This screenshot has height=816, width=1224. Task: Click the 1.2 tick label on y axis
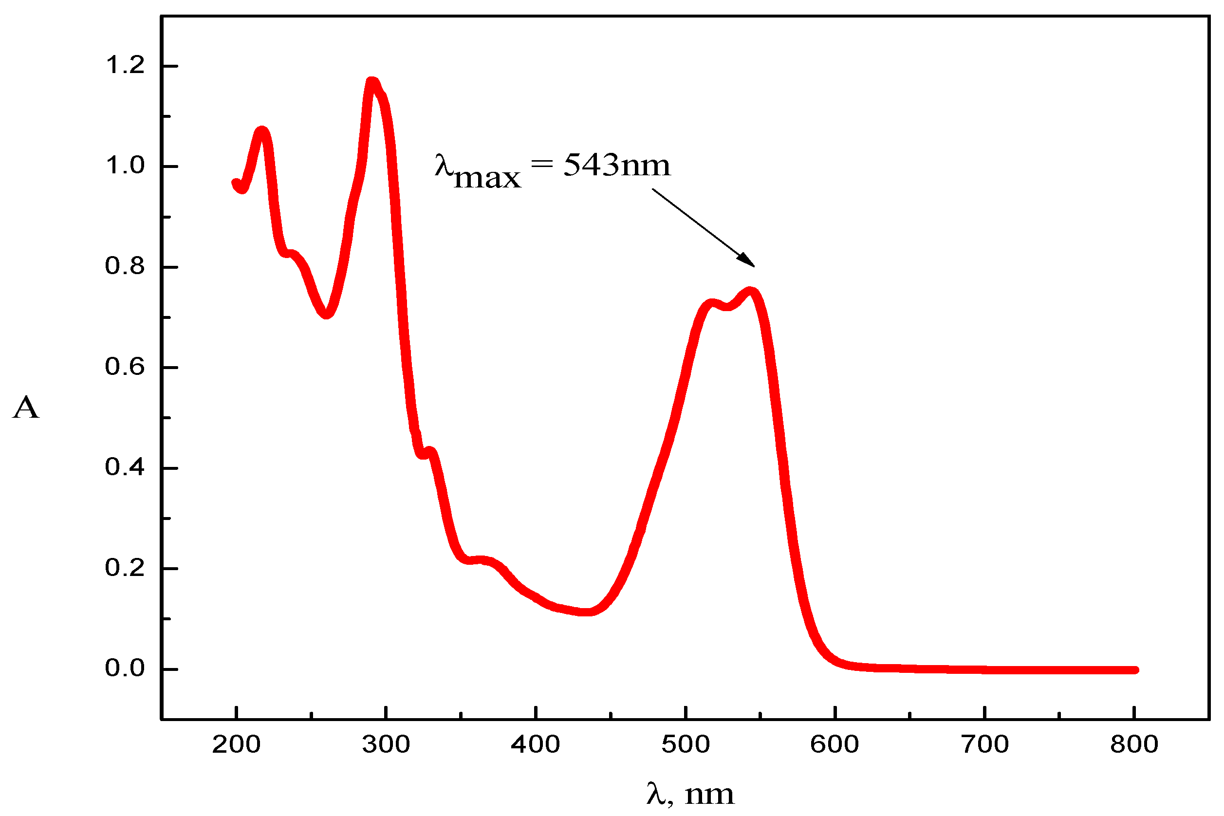click(x=125, y=66)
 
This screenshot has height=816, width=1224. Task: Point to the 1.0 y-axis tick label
click(x=125, y=166)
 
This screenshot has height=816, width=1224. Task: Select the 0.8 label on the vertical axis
click(x=125, y=266)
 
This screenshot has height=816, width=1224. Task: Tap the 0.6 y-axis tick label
click(x=125, y=367)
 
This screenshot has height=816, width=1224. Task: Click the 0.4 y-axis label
click(x=125, y=467)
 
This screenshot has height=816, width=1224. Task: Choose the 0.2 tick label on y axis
click(x=125, y=568)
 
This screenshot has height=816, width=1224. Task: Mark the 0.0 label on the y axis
click(x=125, y=668)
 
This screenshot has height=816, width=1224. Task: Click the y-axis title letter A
click(x=26, y=408)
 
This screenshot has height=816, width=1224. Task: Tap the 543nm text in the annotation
click(x=617, y=166)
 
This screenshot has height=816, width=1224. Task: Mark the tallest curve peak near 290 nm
click(x=372, y=82)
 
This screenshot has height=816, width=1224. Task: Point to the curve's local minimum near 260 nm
click(x=326, y=314)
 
